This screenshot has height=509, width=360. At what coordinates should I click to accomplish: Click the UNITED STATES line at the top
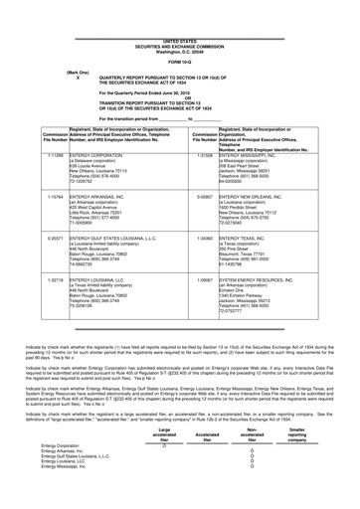(x=179, y=12)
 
